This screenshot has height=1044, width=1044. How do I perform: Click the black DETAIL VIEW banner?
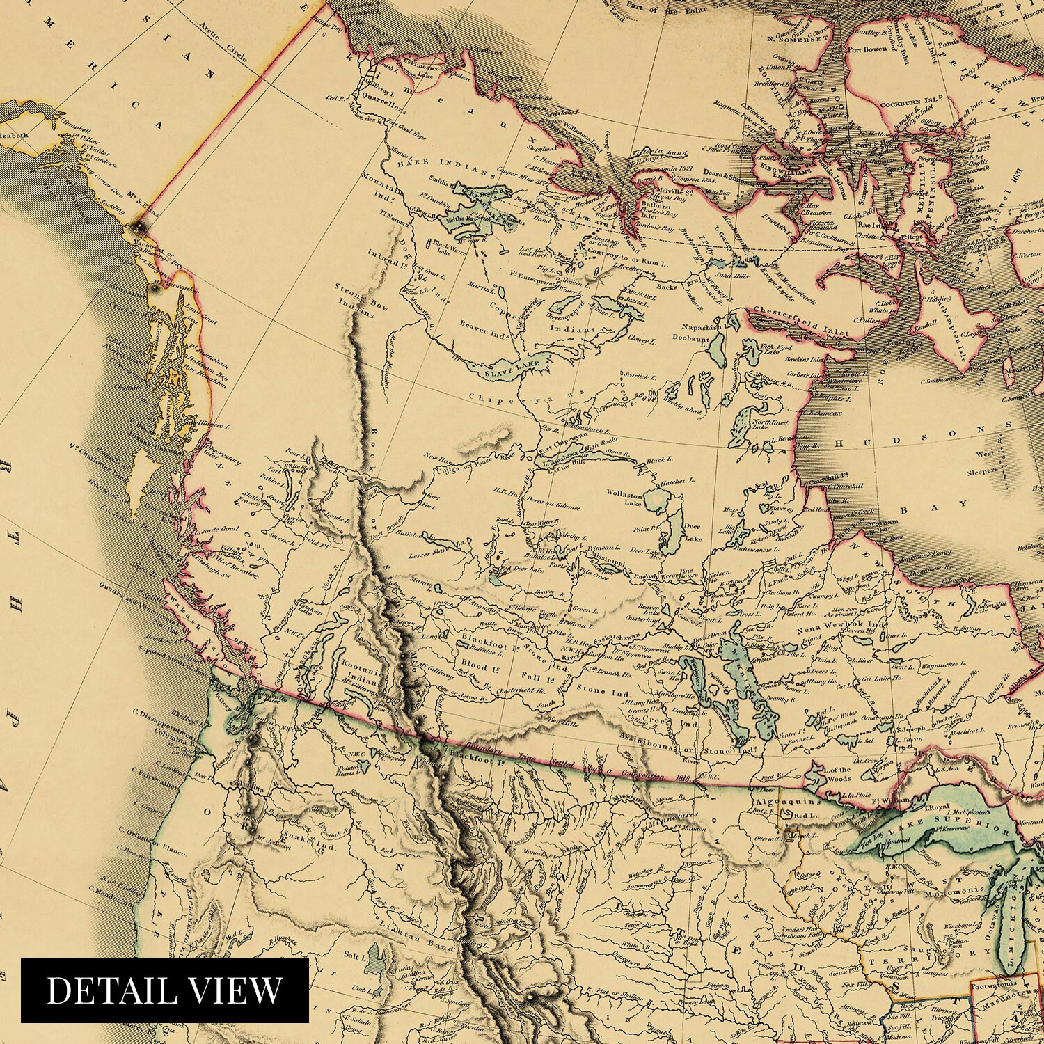[x=164, y=991]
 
